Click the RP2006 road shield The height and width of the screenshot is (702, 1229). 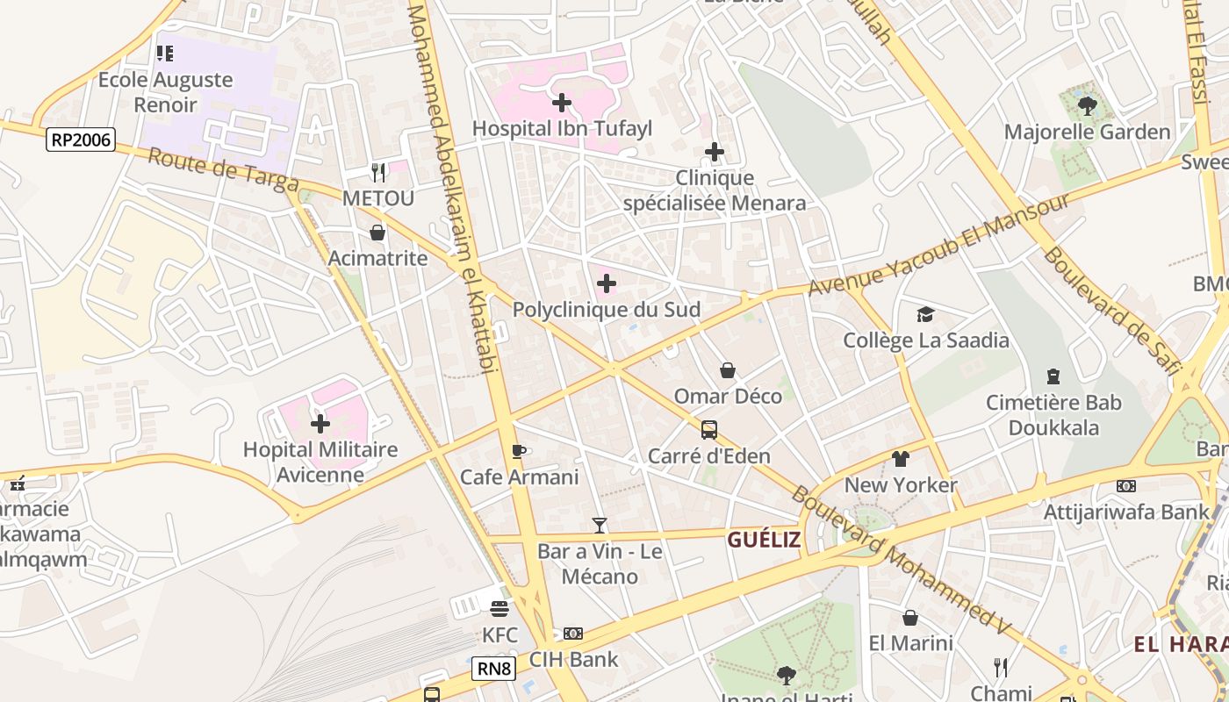pos(82,139)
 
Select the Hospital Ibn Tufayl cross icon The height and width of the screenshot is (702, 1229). pos(562,103)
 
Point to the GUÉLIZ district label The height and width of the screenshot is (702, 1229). pos(764,540)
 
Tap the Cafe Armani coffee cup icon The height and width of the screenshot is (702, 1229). pos(518,452)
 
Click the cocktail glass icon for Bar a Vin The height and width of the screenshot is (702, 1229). pos(600,526)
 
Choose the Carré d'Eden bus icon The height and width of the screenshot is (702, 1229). pos(709,430)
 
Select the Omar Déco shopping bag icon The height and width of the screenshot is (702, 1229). pos(728,370)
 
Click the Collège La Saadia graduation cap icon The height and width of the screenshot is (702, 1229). pos(925,314)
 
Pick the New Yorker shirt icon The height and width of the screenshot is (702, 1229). pos(901,458)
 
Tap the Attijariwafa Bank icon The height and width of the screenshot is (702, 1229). pos(1125,485)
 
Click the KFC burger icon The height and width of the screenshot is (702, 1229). pos(500,608)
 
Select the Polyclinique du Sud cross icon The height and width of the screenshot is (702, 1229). pos(607,283)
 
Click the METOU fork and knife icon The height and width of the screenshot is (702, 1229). pos(377,171)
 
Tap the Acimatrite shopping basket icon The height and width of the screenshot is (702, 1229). pos(377,233)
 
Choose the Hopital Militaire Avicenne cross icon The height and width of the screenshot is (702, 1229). pos(320,424)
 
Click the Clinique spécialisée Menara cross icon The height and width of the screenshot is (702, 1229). pos(715,152)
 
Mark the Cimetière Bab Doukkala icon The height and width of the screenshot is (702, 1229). pos(1053,376)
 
